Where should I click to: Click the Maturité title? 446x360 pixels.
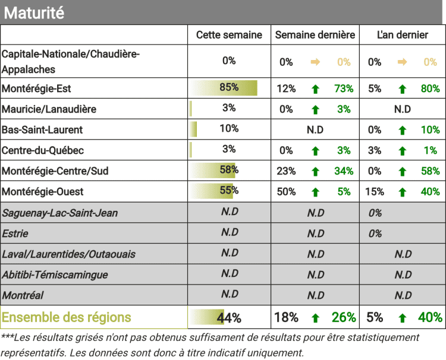coord(34,12)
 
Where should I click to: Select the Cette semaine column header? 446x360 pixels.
coord(229,35)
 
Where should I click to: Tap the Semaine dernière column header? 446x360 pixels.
coord(315,35)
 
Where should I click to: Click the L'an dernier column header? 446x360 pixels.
coord(403,35)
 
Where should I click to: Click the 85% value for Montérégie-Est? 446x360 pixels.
coord(229,87)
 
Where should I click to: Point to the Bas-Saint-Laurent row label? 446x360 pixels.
coord(42,130)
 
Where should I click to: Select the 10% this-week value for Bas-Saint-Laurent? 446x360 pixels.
coord(229,128)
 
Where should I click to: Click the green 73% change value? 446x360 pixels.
coord(344,89)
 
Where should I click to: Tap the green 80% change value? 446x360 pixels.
coord(430,89)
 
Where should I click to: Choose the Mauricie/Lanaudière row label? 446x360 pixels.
coord(49,109)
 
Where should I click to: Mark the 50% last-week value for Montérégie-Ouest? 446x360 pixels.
coord(287,192)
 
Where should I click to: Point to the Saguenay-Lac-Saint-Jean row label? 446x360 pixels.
coord(59,213)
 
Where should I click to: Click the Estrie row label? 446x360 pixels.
coord(15,233)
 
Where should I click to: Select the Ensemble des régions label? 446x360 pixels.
coord(66,317)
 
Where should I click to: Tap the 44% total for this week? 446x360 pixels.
coord(229,318)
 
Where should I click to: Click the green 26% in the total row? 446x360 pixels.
coord(344,317)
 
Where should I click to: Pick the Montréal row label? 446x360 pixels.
coord(23,295)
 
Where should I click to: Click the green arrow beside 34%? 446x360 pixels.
coord(315,172)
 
